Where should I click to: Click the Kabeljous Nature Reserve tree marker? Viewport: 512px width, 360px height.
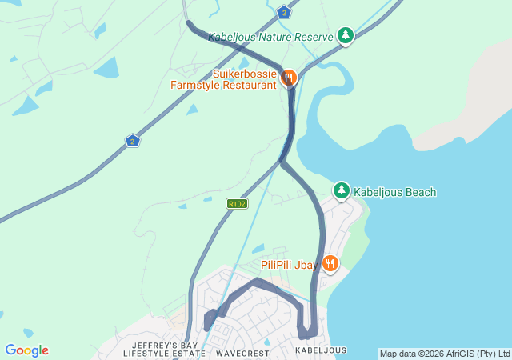[345, 35]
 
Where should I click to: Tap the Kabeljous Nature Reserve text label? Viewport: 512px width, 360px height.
[271, 37]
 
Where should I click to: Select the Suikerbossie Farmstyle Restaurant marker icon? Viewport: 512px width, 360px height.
[289, 78]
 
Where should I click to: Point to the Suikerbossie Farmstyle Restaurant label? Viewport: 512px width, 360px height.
[223, 79]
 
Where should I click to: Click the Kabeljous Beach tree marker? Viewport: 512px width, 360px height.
[342, 190]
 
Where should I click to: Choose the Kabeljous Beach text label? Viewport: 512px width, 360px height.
[394, 192]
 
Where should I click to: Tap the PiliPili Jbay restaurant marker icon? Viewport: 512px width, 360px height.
[329, 263]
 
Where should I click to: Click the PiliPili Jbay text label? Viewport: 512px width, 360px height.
[289, 264]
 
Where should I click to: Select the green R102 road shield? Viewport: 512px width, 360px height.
[236, 204]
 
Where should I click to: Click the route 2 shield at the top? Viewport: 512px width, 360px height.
[284, 11]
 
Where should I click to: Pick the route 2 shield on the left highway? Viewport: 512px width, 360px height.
[133, 141]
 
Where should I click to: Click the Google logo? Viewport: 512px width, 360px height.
[26, 350]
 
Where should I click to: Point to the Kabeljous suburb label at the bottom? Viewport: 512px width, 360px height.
[321, 350]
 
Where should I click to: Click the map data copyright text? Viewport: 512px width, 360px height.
[444, 354]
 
